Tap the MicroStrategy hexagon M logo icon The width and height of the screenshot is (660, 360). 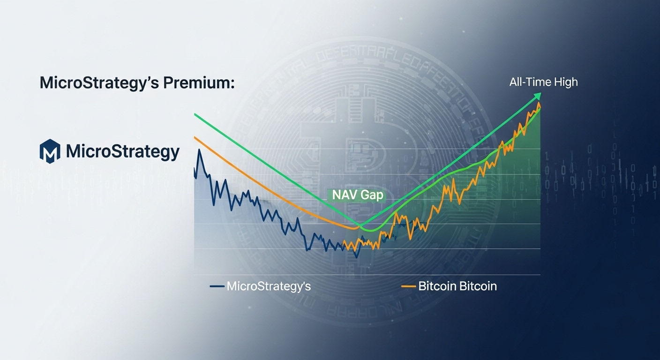50,151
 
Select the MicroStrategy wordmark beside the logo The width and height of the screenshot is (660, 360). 123,152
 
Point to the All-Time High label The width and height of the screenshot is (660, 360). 543,82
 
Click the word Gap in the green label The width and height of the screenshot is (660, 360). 372,195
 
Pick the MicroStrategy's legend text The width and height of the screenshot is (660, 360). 269,286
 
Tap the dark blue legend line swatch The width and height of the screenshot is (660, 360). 217,286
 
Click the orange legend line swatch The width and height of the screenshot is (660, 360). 408,286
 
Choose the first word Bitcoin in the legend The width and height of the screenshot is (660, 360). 437,286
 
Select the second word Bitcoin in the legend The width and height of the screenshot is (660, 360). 477,286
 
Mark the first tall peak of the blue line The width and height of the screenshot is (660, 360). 200,150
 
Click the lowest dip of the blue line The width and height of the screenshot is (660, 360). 357,257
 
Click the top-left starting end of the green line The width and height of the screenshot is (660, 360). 195,114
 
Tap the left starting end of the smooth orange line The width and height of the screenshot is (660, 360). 195,137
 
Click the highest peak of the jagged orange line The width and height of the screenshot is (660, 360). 539,103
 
